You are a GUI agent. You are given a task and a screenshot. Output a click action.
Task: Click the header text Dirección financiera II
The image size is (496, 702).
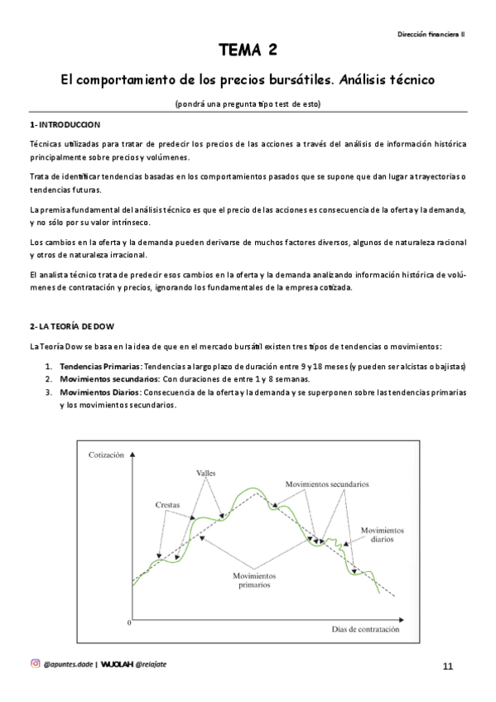coord(432,34)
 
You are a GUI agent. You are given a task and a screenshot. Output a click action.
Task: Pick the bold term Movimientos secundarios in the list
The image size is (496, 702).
coord(104,378)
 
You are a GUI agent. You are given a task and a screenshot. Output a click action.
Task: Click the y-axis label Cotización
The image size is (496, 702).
coord(105,454)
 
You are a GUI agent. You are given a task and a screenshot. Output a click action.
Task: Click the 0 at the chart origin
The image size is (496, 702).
coord(129,621)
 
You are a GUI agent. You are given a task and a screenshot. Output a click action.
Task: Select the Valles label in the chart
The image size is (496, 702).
coord(205,474)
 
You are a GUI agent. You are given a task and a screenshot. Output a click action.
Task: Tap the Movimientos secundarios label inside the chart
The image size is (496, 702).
coord(326,483)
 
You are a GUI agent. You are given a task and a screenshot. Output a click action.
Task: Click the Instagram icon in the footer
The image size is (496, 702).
coord(35,662)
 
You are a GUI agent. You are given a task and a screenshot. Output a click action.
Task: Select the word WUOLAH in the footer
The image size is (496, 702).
coord(118,663)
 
